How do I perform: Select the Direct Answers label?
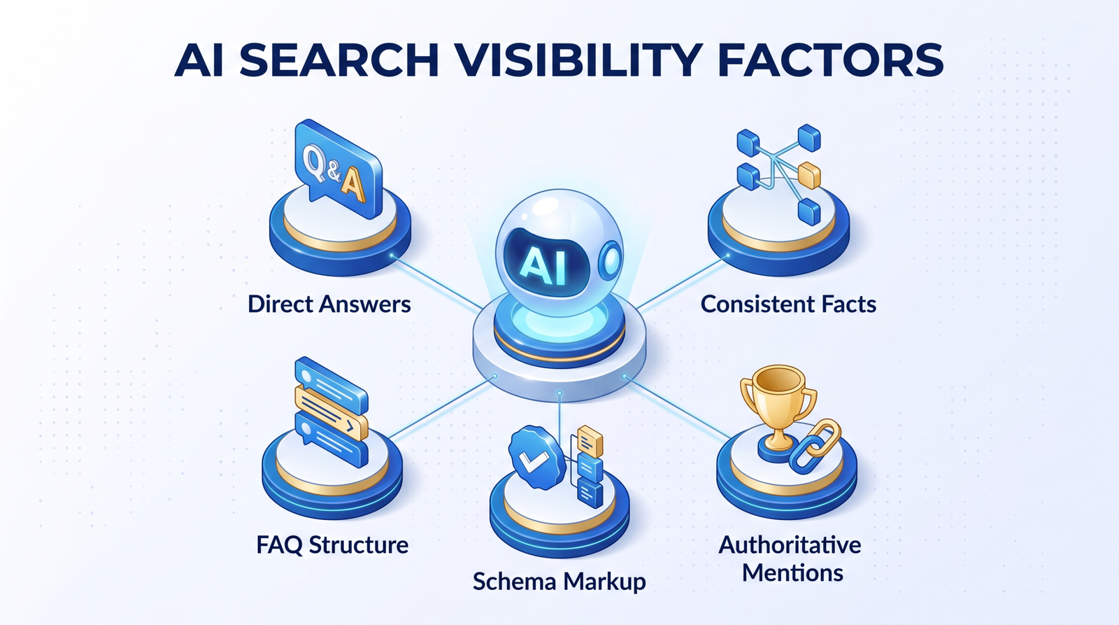pyautogui.click(x=329, y=304)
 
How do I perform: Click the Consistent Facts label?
pyautogui.click(x=788, y=304)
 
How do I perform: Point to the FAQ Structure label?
pyautogui.click(x=332, y=545)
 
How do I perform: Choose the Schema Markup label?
pyautogui.click(x=559, y=582)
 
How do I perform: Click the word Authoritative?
pyautogui.click(x=790, y=545)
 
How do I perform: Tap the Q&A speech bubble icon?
pyautogui.click(x=338, y=169)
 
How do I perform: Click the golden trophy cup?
pyautogui.click(x=778, y=406)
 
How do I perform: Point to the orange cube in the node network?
pyautogui.click(x=808, y=175)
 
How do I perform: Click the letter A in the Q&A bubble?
pyautogui.click(x=352, y=185)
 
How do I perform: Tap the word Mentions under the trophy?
pyautogui.click(x=792, y=573)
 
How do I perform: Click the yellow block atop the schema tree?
pyautogui.click(x=590, y=440)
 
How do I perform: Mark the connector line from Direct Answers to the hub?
pyautogui.click(x=436, y=281)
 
